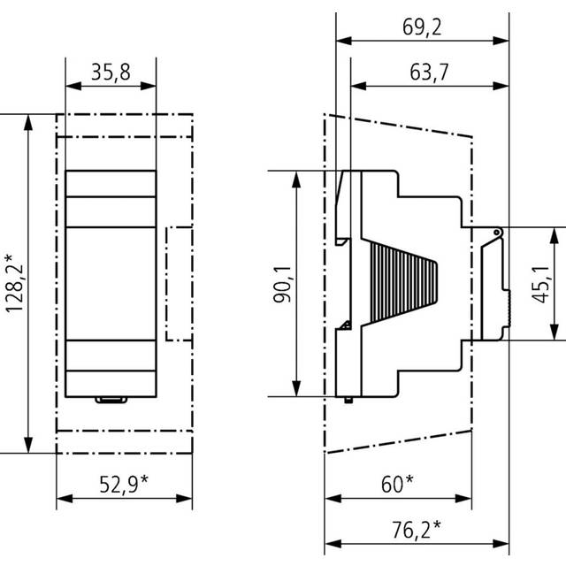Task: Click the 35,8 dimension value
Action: [x=111, y=72]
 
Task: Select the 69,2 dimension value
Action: [x=422, y=27]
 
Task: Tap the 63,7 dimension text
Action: [x=429, y=72]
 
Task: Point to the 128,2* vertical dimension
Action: [x=14, y=283]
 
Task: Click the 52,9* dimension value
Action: [x=124, y=484]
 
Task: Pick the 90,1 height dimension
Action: [x=282, y=284]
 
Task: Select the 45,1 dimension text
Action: [x=540, y=285]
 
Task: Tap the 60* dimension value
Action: [x=397, y=484]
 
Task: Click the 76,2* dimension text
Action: [x=417, y=530]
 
